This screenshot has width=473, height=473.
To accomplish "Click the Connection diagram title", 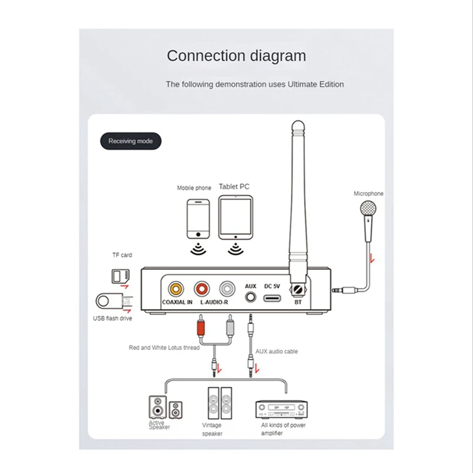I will coord(237,56).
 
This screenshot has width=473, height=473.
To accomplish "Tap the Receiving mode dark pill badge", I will coord(130,141).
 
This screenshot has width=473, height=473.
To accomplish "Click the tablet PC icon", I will coord(235,217).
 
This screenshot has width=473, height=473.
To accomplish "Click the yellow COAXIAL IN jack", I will coord(177,289).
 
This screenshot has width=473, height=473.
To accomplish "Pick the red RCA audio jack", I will coord(202,289).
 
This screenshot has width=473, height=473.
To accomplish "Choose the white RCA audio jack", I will coord(228,289).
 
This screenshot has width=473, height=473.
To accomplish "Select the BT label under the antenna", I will coord(298,302).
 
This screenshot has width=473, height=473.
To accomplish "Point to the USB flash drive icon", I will coord(110,300).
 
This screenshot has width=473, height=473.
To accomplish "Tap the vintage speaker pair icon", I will coord(219,403).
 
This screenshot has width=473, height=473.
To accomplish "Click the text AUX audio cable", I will coord(277,351).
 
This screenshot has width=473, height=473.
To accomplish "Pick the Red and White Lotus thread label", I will coord(164,348).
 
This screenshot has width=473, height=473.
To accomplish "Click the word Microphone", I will coord(368,193).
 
